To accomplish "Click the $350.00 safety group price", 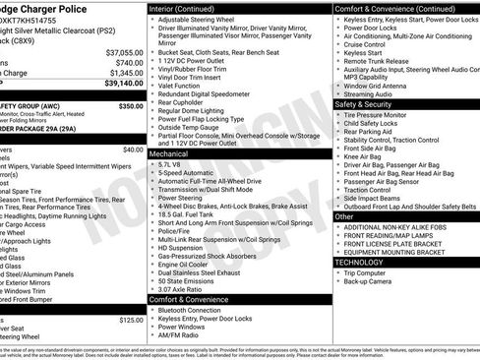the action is click(x=130, y=105).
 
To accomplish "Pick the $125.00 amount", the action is click(x=130, y=320).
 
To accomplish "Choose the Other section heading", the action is click(x=344, y=216).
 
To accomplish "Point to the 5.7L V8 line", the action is click(x=176, y=164).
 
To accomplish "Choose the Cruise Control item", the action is click(x=365, y=45).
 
